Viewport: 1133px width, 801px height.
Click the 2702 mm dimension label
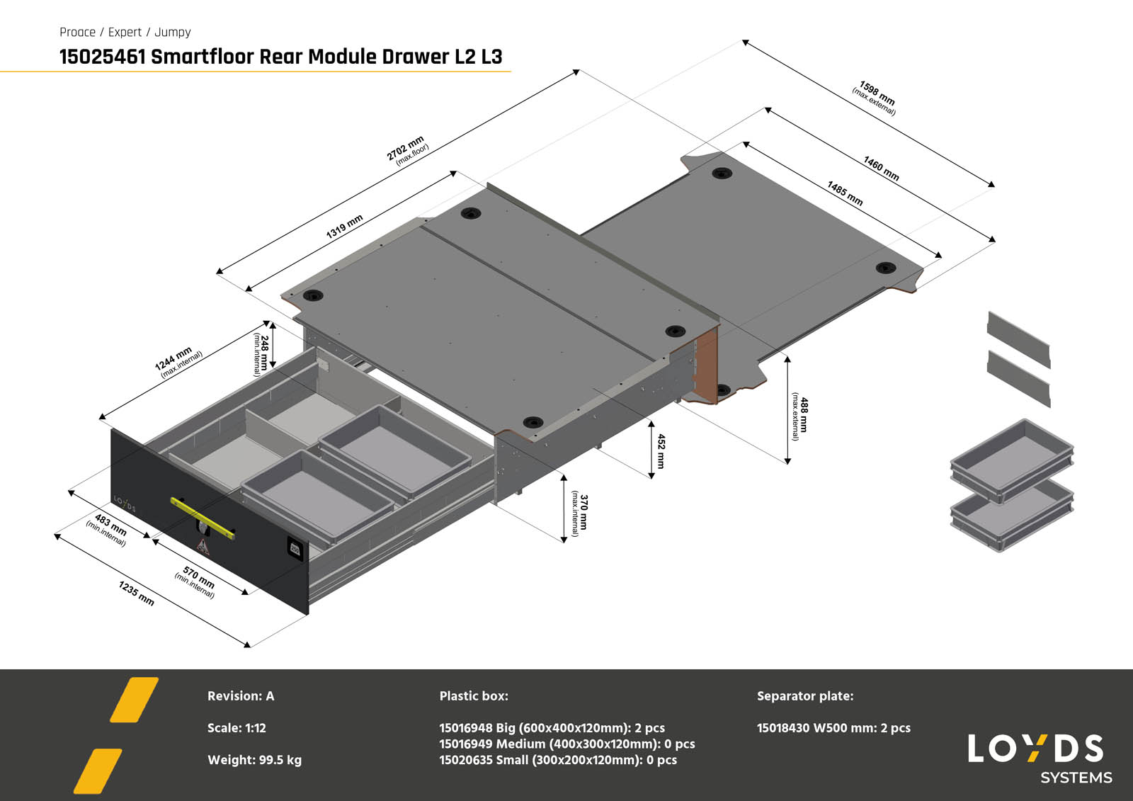(x=407, y=149)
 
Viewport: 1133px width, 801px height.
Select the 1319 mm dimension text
(x=345, y=227)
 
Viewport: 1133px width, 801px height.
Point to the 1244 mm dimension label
(x=176, y=360)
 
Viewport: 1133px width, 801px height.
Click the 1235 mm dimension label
(x=136, y=593)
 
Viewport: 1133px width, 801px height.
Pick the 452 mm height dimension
(x=661, y=450)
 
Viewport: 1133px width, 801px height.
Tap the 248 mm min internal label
(x=261, y=353)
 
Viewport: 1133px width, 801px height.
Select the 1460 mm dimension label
(x=881, y=169)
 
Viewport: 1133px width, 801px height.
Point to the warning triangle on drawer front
(x=203, y=545)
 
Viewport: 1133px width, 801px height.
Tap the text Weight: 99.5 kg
(x=254, y=760)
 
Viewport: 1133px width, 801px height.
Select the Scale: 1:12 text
(x=237, y=727)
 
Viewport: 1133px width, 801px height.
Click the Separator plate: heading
(x=804, y=695)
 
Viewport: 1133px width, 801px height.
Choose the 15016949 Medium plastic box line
(x=566, y=744)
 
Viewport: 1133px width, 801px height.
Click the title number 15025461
(x=102, y=57)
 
